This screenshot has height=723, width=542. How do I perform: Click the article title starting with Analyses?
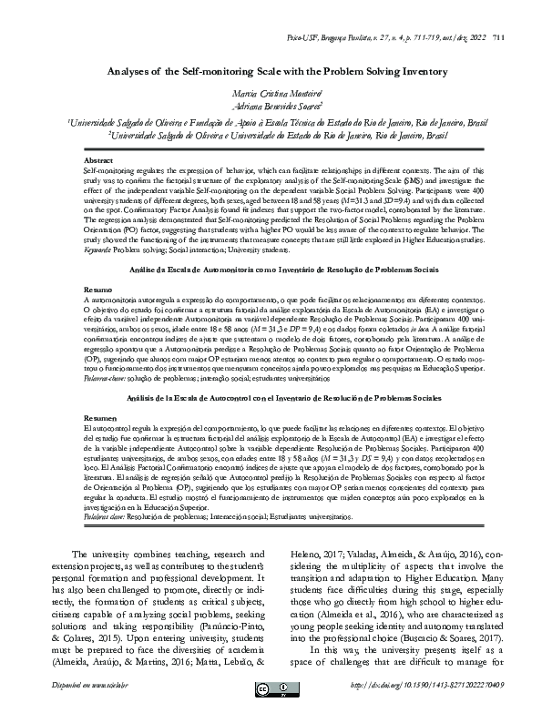tap(271, 71)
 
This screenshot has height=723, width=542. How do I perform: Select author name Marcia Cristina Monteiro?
tap(271, 94)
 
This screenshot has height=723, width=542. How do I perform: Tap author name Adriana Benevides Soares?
tap(271, 106)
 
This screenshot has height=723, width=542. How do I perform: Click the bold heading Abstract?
tap(97, 159)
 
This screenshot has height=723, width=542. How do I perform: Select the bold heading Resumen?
tap(98, 415)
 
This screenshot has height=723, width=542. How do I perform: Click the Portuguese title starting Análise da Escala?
tap(271, 270)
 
